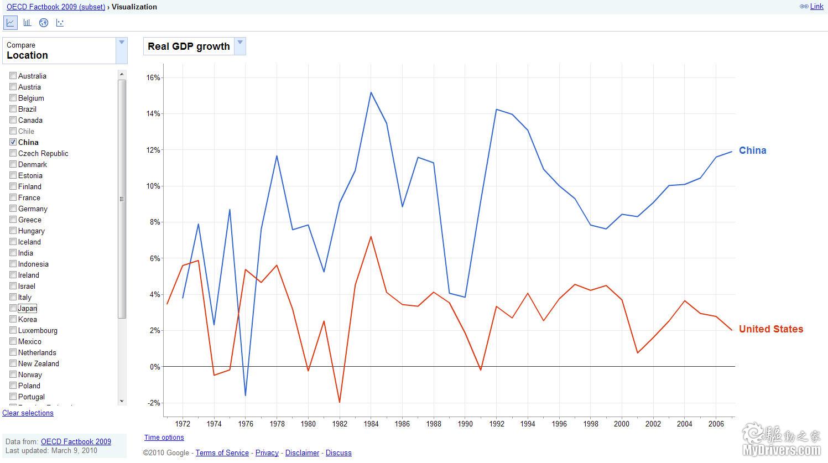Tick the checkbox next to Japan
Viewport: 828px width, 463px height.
coord(13,308)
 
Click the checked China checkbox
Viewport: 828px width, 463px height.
coord(13,142)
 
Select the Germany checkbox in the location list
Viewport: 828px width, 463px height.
coord(13,209)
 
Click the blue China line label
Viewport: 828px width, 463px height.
coord(752,150)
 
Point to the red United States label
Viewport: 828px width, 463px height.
coord(770,329)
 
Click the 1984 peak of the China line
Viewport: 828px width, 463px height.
coord(371,92)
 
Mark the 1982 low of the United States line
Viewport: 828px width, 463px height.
coord(340,402)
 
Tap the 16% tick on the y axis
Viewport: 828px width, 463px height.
coord(153,78)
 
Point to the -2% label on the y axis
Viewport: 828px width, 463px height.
coord(153,403)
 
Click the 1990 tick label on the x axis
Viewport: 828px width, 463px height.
coord(465,424)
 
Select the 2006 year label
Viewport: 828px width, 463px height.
coord(716,424)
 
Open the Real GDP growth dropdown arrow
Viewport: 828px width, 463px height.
coord(240,43)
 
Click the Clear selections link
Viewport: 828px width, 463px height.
coord(28,413)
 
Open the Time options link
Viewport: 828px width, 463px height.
coord(164,438)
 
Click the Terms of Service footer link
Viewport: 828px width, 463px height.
coord(222,453)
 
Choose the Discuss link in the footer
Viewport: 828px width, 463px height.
coord(339,453)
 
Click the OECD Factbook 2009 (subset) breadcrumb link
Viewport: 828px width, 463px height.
coord(56,7)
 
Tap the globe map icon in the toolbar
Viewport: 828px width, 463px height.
coord(44,23)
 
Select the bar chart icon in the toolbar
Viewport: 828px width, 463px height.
coord(27,23)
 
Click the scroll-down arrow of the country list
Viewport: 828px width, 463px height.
coord(122,401)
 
